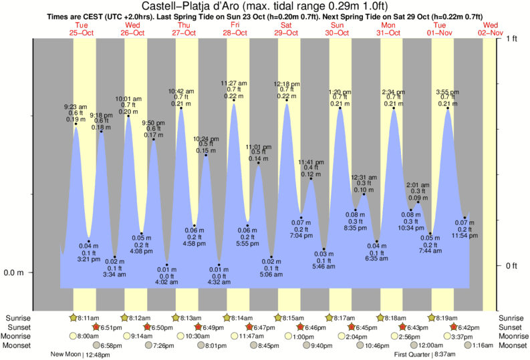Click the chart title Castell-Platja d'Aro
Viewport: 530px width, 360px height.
coord(265,6)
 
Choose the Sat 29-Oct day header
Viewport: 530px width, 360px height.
coord(285,28)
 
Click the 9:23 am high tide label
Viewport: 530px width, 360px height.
coord(75,107)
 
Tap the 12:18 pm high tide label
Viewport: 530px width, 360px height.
coord(287,84)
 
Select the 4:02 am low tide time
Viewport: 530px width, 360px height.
coord(166,283)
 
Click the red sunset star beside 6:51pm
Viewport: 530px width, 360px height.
coord(96,327)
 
